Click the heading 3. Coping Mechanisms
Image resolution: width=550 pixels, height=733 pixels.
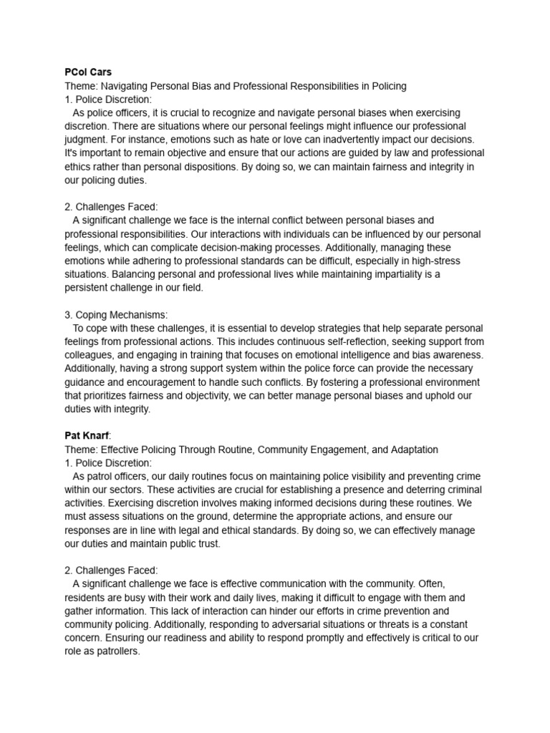point(114,314)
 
